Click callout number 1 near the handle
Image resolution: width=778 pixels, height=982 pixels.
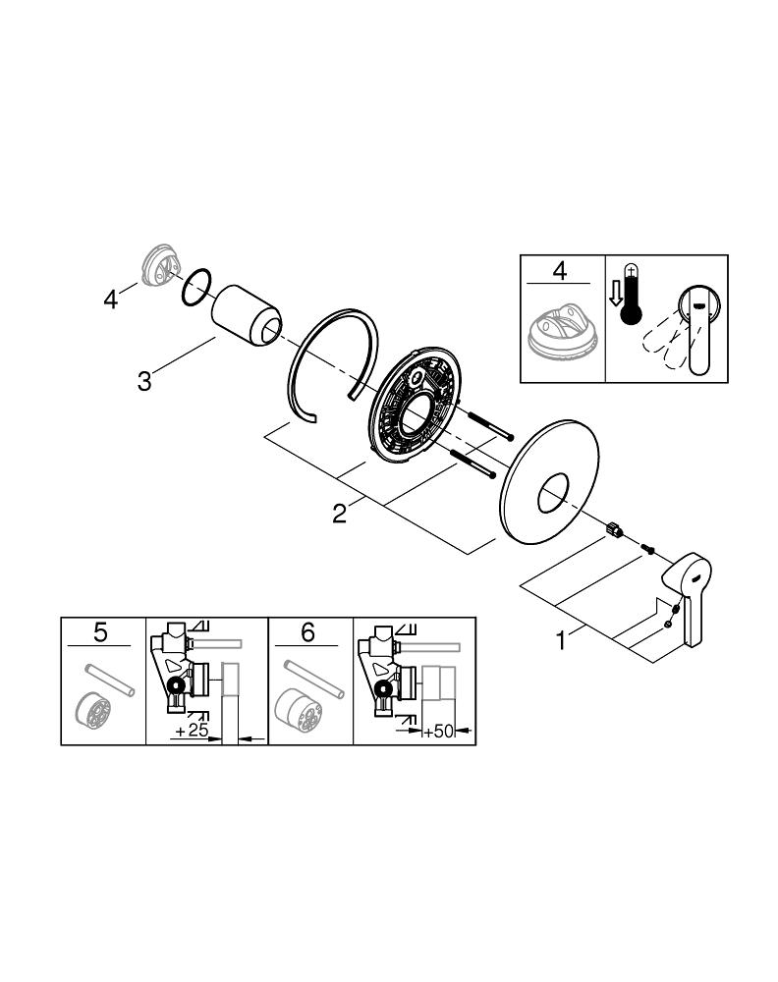click(561, 640)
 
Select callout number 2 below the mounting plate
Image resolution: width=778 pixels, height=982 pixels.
click(338, 513)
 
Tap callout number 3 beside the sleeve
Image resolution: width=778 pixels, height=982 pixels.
click(144, 379)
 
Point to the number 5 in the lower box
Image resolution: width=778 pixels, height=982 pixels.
click(101, 633)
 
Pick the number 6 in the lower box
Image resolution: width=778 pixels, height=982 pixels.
click(306, 633)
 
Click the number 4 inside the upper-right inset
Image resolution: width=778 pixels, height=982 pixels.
click(560, 270)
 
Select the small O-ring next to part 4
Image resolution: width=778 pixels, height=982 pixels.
click(195, 286)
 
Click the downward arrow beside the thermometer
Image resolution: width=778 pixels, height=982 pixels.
click(614, 294)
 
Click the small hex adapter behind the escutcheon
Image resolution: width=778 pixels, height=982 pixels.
click(616, 531)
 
